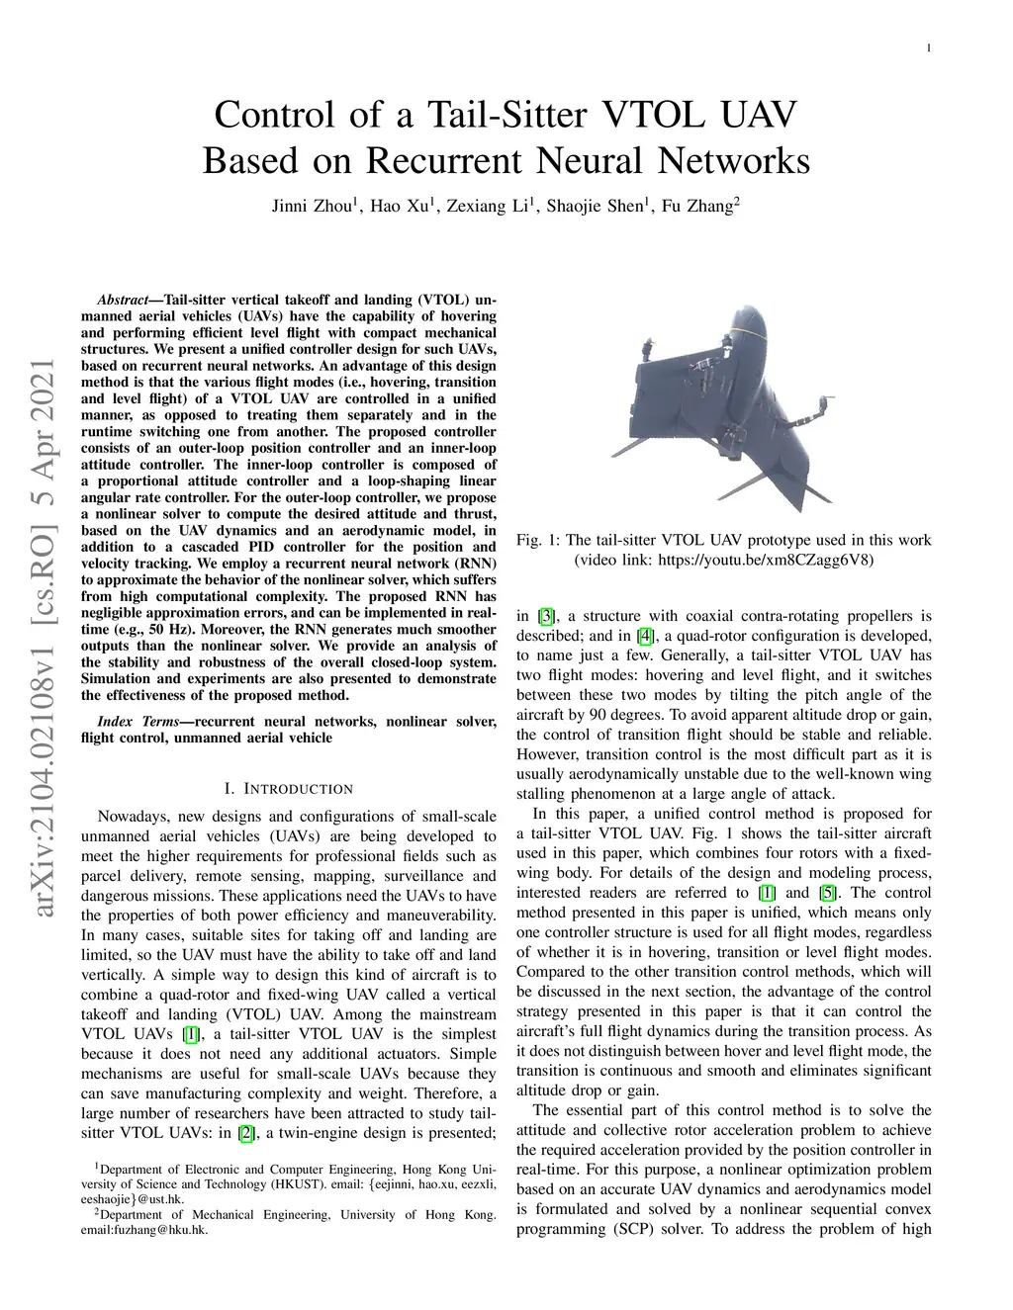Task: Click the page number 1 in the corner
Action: coord(930,47)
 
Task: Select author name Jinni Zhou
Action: coord(312,207)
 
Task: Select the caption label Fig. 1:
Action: coord(538,540)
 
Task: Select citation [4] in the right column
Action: coord(646,636)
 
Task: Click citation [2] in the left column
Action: coord(244,1133)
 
